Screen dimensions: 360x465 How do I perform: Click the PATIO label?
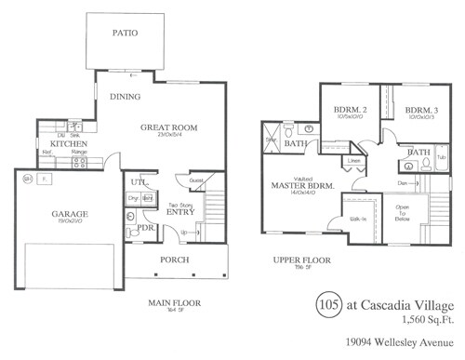pyautogui.click(x=126, y=33)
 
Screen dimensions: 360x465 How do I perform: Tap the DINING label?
pyautogui.click(x=126, y=96)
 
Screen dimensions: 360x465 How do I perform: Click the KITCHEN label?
pyautogui.click(x=68, y=144)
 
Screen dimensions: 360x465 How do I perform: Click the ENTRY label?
pyautogui.click(x=179, y=211)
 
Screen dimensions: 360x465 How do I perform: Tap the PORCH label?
pyautogui.click(x=174, y=260)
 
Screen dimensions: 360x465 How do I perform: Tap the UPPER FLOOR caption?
pyautogui.click(x=297, y=261)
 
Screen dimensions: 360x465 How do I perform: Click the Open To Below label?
pyautogui.click(x=403, y=213)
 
